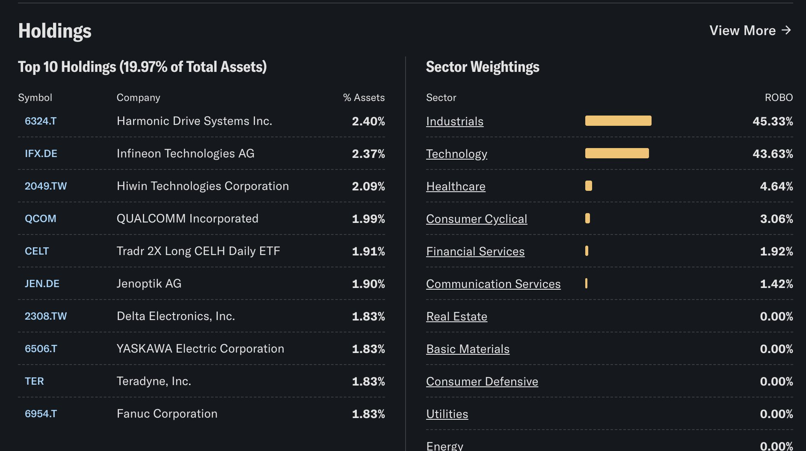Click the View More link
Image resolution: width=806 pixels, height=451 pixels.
click(750, 30)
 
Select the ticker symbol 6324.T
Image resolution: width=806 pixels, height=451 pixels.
click(41, 121)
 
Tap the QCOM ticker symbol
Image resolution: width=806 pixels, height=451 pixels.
click(41, 219)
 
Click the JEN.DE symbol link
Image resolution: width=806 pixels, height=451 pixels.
click(42, 284)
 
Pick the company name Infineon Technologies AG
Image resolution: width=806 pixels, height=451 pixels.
click(185, 154)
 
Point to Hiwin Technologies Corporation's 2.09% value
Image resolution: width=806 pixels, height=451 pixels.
click(368, 186)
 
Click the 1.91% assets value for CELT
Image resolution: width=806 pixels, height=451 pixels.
click(368, 251)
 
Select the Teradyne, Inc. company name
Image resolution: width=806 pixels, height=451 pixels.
click(154, 381)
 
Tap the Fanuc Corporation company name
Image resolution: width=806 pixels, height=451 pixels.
click(167, 414)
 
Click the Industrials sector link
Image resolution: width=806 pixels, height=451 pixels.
click(455, 122)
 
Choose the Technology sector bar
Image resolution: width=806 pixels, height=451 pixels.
click(617, 153)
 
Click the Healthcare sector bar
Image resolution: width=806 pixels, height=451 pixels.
click(589, 186)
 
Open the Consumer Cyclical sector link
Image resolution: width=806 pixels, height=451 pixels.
click(477, 219)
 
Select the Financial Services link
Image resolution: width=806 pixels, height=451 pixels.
click(475, 252)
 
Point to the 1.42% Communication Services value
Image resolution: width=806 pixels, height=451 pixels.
click(776, 284)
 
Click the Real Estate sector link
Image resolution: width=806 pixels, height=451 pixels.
click(456, 317)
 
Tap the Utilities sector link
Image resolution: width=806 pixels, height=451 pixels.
click(447, 414)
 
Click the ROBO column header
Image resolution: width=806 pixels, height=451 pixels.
click(779, 98)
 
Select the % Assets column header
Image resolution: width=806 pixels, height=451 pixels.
click(364, 98)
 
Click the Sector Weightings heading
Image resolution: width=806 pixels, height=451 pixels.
click(483, 67)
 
